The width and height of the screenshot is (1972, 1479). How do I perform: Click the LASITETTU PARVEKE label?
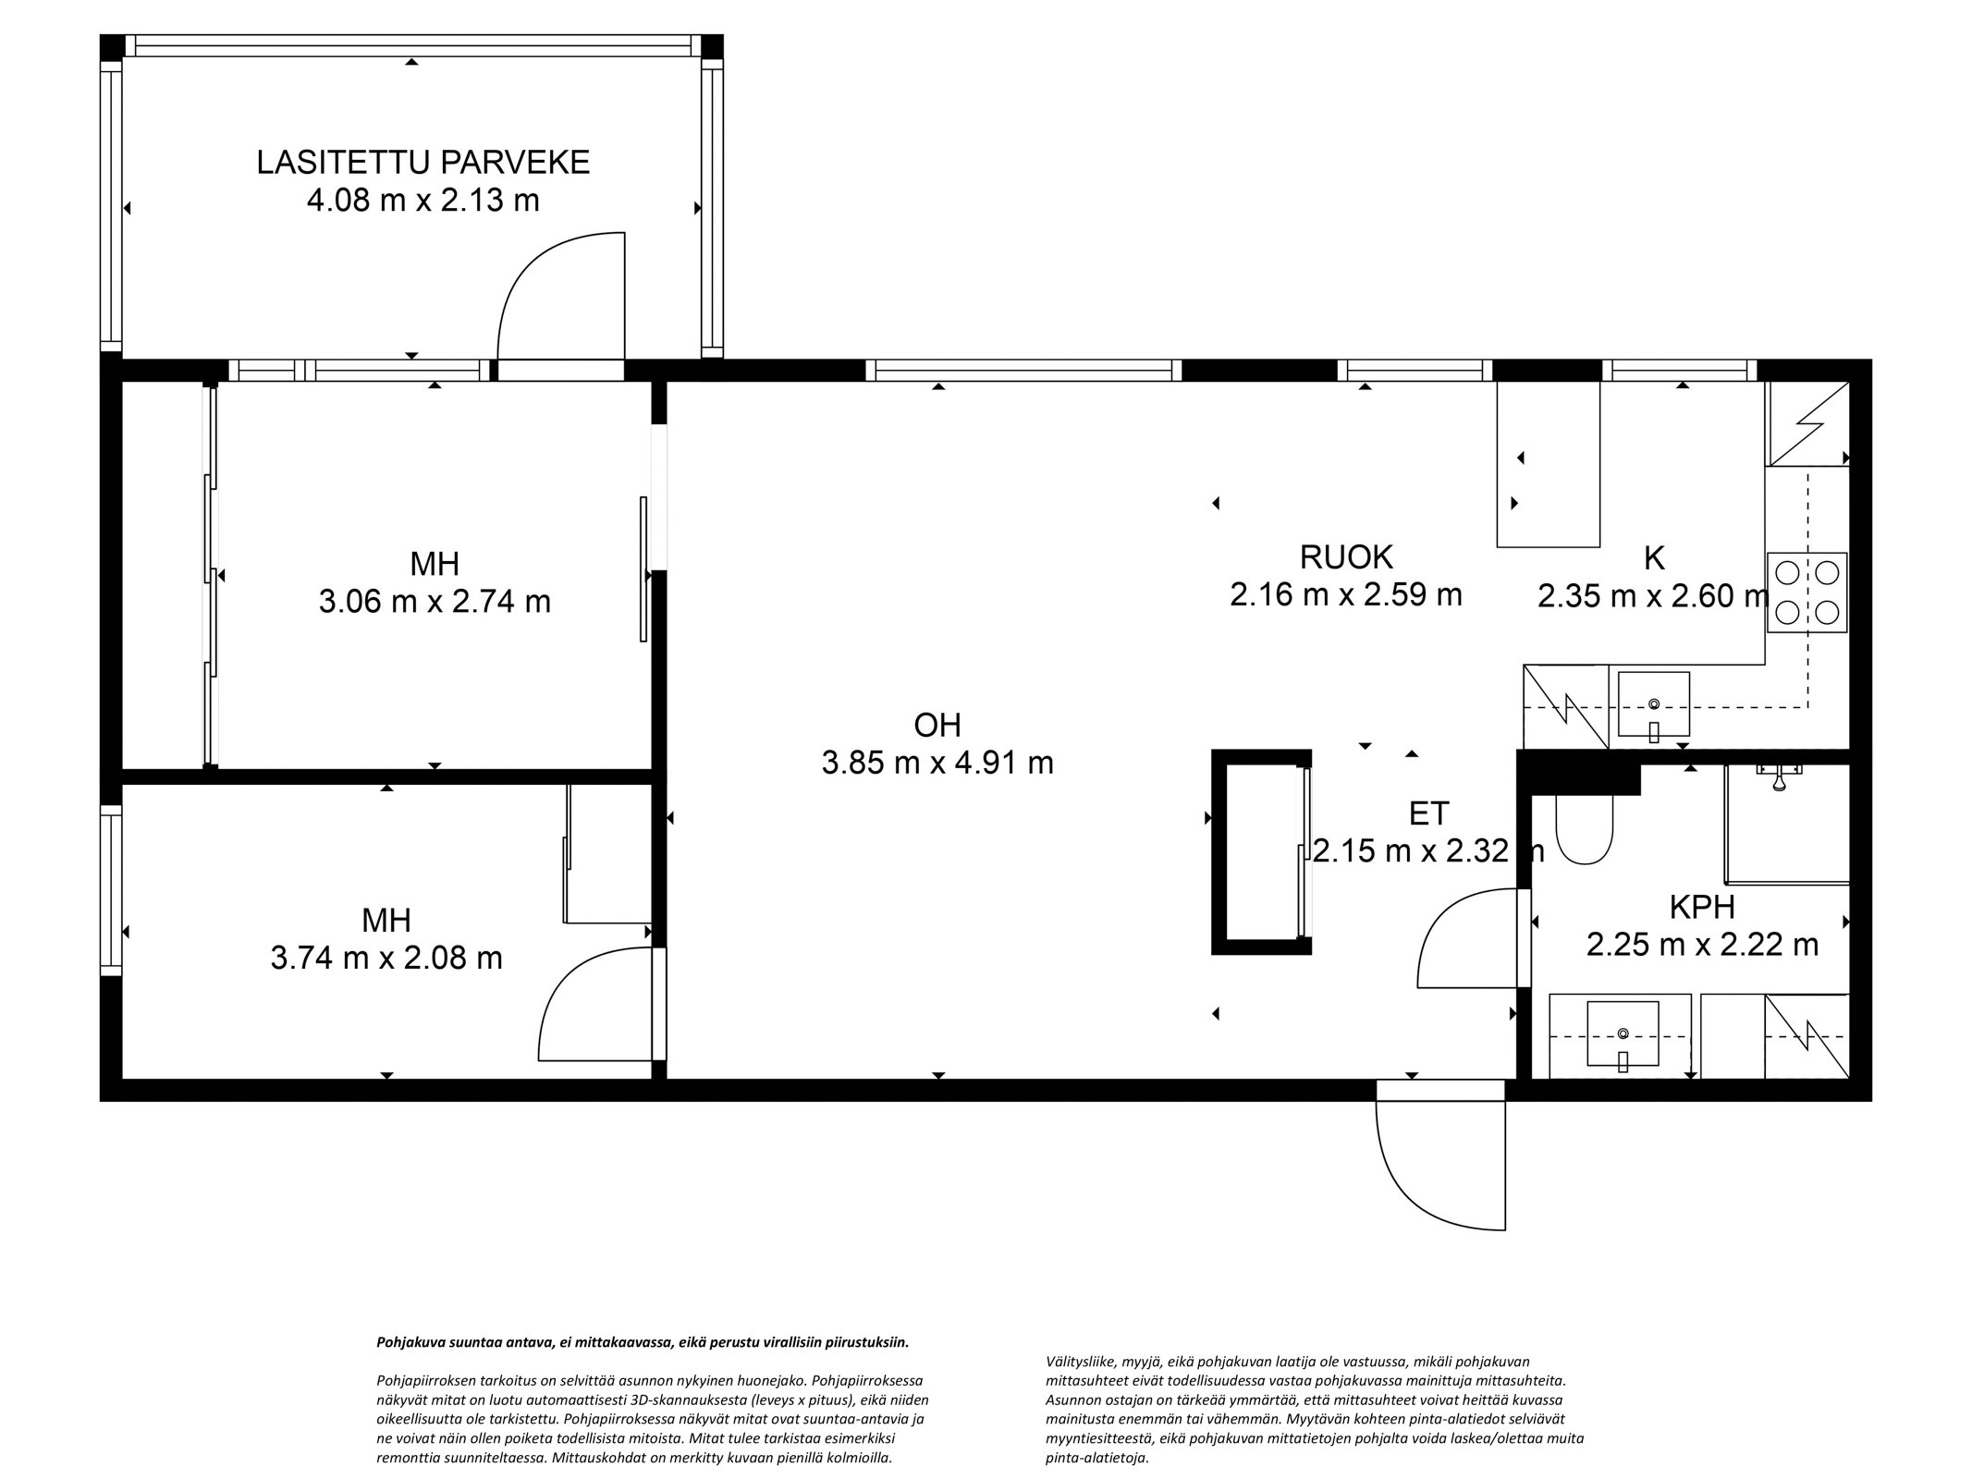pyautogui.click(x=423, y=163)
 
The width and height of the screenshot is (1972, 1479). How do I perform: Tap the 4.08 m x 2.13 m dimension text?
pyautogui.click(x=423, y=200)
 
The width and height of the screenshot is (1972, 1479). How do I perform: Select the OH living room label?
pyautogui.click(x=937, y=725)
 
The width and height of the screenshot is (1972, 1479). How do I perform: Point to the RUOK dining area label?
pyautogui.click(x=1345, y=557)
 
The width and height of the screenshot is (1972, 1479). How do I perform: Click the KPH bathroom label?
pyautogui.click(x=1701, y=907)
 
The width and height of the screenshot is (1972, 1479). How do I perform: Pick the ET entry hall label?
pyautogui.click(x=1428, y=813)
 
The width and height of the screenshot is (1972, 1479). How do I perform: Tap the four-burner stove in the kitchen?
pyautogui.click(x=1807, y=593)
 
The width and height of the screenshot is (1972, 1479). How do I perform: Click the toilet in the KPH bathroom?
pyautogui.click(x=1584, y=828)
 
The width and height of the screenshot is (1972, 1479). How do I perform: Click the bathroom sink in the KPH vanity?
pyautogui.click(x=1623, y=1034)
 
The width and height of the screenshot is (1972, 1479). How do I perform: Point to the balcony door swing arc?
pyautogui.click(x=555, y=296)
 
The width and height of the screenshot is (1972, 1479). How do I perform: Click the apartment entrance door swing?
pyautogui.click(x=1433, y=1167)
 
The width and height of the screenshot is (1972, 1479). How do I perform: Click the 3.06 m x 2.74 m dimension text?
pyautogui.click(x=435, y=602)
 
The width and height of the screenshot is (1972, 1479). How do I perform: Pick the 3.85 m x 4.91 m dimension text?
pyautogui.click(x=937, y=763)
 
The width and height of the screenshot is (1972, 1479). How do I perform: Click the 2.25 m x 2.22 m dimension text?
pyautogui.click(x=1702, y=945)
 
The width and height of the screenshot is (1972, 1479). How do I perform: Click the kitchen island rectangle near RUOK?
pyautogui.click(x=1548, y=464)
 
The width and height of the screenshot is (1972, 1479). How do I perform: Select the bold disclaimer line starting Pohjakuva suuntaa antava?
pyautogui.click(x=643, y=1342)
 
